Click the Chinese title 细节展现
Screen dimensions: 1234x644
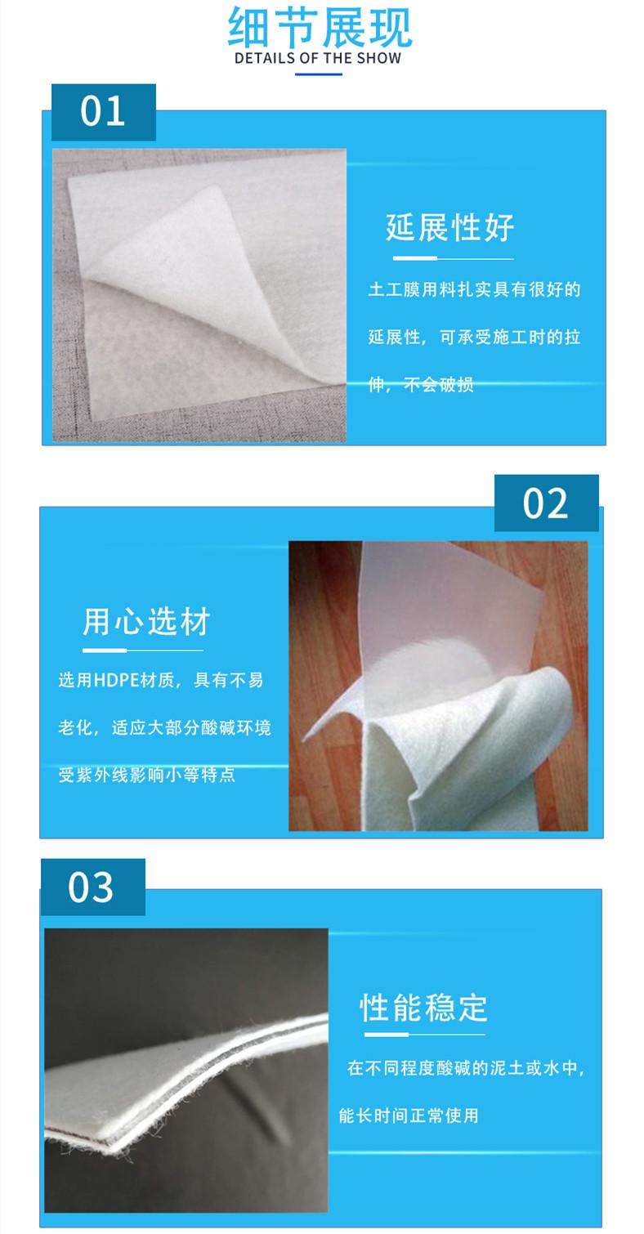coord(320,28)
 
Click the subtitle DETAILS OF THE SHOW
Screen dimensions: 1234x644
coord(318,58)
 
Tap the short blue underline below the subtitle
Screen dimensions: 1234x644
coord(318,74)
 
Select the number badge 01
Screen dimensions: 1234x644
coord(103,111)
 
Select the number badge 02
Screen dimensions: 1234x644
coord(545,503)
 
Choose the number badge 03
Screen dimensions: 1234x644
coord(92,887)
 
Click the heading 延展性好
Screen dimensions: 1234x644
coord(450,227)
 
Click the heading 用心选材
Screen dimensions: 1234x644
coord(146,621)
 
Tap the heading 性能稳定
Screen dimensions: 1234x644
coord(424,1008)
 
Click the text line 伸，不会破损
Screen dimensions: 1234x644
coord(421,384)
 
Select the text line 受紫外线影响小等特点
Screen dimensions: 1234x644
coord(146,775)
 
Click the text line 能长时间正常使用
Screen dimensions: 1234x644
coord(409,1115)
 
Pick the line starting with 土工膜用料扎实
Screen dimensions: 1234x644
coord(474,289)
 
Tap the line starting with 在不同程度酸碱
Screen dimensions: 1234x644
coord(466,1067)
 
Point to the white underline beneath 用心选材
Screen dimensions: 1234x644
coord(142,651)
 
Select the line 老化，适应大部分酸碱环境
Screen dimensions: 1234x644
coord(164,727)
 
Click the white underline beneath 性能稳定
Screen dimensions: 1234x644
coord(424,1035)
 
